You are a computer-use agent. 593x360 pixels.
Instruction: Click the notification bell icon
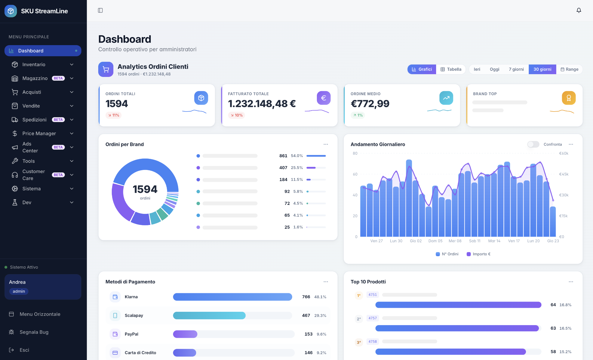tap(579, 11)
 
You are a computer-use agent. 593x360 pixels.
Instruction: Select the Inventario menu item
tap(34, 65)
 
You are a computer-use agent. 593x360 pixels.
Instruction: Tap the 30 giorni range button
tap(542, 69)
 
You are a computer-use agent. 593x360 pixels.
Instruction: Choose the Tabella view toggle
tap(451, 69)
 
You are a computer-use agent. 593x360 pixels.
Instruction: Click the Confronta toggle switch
tap(533, 144)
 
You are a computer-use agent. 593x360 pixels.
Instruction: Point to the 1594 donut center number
tap(145, 189)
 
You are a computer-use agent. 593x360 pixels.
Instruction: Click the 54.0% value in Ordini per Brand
tap(297, 156)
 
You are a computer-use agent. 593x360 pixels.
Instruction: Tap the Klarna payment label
tap(131, 297)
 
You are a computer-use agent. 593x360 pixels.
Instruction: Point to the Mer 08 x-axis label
tap(455, 241)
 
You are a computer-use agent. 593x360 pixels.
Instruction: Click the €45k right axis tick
tap(564, 174)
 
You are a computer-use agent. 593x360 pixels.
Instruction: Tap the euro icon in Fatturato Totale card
tap(323, 98)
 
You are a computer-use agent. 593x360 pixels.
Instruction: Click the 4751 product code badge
tap(372, 295)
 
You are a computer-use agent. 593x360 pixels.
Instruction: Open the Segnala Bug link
tap(34, 332)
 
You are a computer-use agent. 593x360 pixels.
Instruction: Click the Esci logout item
tap(24, 350)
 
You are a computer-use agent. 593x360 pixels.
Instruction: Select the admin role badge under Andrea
tap(19, 291)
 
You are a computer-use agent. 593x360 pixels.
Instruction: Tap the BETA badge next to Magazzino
tap(58, 78)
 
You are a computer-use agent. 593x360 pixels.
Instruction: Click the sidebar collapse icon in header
tap(100, 11)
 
